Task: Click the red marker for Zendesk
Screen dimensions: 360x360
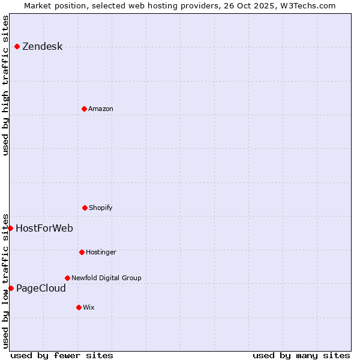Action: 17,46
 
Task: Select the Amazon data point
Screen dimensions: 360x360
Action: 84,109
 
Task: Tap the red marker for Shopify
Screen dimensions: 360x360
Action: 85,208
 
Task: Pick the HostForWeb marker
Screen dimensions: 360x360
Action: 10,228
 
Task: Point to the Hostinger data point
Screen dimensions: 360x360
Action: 82,252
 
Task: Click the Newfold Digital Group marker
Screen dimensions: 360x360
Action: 67,278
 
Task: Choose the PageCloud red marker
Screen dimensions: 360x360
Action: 11,288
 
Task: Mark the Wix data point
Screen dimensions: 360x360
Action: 79,307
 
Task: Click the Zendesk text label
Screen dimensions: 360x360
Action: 42,47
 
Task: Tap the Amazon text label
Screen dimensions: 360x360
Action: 101,109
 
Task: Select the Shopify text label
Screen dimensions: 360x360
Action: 101,208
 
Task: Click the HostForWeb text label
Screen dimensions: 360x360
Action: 44,228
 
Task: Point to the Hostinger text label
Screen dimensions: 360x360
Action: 101,252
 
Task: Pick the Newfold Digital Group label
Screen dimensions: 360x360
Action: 106,278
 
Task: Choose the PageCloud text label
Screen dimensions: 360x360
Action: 41,289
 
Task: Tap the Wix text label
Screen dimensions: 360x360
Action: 89,307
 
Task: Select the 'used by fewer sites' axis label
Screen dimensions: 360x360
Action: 62,355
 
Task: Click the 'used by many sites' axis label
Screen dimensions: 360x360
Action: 301,355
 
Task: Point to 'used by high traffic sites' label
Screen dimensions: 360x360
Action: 5,85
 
